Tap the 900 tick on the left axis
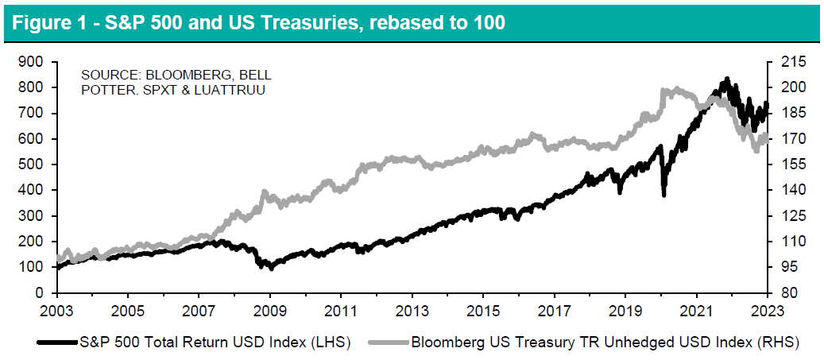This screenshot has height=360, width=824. (x=31, y=62)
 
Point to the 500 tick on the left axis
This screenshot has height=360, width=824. (x=31, y=165)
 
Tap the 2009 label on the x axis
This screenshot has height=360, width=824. (x=269, y=308)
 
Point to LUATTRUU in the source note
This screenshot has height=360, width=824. (x=238, y=90)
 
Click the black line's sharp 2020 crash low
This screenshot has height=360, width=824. (x=663, y=195)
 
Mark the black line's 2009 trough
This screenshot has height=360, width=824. (x=272, y=268)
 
